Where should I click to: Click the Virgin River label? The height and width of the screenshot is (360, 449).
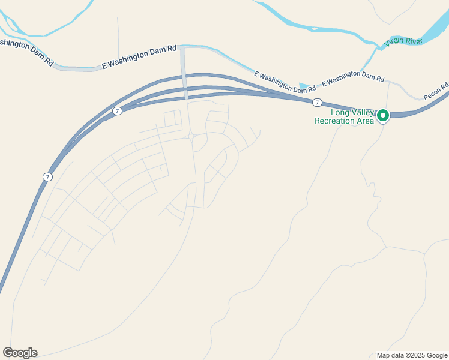tap(404, 41)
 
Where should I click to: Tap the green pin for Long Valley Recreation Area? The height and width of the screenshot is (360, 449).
tap(382, 115)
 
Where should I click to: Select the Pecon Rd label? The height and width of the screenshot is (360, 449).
tap(436, 91)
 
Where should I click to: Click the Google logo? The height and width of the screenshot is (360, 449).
tap(20, 353)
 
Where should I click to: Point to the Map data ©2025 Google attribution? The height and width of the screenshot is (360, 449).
tap(412, 355)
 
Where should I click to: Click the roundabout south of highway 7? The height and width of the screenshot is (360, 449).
tap(190, 137)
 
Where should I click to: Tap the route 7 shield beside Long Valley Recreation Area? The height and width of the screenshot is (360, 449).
tap(317, 103)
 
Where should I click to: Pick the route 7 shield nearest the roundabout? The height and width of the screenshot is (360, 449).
tap(117, 110)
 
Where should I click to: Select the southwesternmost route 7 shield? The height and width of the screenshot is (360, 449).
tap(47, 176)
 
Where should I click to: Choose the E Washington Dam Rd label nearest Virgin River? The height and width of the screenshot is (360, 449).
tap(353, 77)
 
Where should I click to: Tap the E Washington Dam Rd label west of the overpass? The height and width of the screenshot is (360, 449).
tap(139, 59)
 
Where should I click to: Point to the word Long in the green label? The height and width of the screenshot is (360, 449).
tap(339, 112)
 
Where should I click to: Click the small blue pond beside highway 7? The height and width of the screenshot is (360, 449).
tap(304, 87)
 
